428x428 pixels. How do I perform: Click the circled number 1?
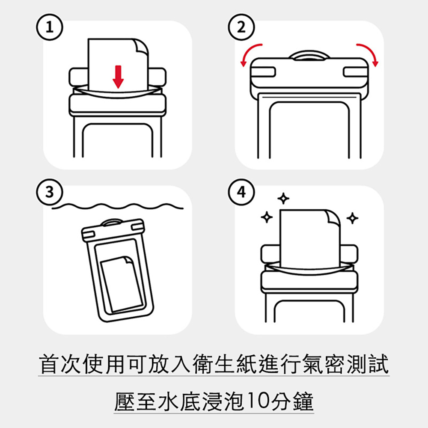click(x=50, y=27)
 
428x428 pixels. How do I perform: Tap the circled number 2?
click(x=241, y=27)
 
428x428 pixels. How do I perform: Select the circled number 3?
click(x=50, y=192)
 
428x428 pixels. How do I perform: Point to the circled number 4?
click(x=241, y=192)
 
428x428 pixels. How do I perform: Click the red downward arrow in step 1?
click(x=118, y=77)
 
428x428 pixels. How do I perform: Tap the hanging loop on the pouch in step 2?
click(x=309, y=55)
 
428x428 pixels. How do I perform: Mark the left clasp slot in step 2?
click(x=263, y=72)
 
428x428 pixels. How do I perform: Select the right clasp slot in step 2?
click(x=355, y=72)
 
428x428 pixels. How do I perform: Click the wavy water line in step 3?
click(x=118, y=206)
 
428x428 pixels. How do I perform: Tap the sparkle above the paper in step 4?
click(x=283, y=199)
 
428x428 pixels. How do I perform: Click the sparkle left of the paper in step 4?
click(x=267, y=217)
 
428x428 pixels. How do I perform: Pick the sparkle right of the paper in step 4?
click(x=352, y=218)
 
